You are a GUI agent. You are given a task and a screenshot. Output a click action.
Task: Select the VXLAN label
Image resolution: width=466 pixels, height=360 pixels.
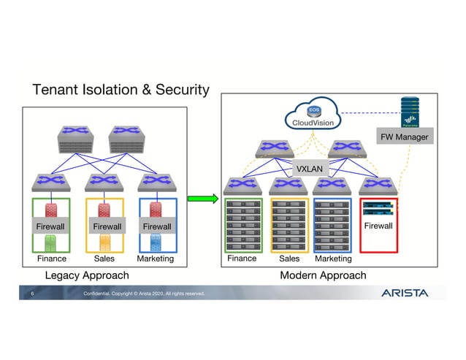coord(309,169)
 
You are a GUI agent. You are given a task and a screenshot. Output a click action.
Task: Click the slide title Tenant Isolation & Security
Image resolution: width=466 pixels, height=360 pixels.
coord(121,90)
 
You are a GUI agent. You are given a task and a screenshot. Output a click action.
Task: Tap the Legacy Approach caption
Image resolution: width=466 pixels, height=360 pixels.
coord(87,275)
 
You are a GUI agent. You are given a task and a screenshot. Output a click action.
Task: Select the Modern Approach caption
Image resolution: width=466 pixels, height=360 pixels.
coord(323,275)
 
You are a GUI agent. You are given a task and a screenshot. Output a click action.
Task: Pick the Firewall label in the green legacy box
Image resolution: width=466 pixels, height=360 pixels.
coord(51,226)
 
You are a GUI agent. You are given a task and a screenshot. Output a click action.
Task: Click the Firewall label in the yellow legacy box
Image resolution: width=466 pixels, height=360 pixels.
coord(107,226)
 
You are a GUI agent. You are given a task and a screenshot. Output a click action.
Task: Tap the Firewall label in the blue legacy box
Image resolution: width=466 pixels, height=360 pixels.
coord(156,226)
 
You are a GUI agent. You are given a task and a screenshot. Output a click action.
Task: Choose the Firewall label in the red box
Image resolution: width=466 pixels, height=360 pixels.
coord(378,226)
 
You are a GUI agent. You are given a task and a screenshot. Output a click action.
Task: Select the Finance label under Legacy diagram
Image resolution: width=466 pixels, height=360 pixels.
coord(51,258)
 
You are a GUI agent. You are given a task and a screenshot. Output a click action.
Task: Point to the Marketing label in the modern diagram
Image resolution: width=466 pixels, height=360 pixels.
coord(333,258)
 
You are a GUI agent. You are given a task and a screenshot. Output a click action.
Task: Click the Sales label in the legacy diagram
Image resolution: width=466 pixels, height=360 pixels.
coord(104,258)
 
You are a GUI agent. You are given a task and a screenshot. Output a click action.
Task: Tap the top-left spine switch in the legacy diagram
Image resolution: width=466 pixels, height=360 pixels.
coord(79,138)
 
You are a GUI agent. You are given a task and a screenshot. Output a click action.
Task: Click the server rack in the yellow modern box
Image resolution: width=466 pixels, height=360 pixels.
coord(289,224)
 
